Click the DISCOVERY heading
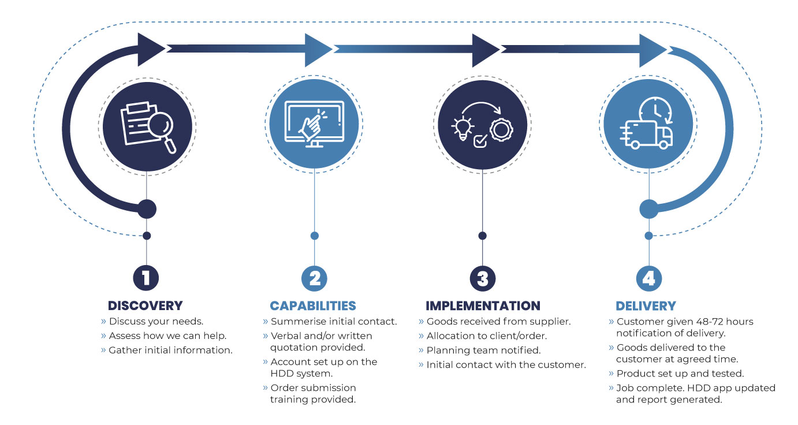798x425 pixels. coord(146,305)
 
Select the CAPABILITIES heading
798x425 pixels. coord(313,305)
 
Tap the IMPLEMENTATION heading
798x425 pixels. coord(483,305)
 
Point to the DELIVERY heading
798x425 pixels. coord(646,306)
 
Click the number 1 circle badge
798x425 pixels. coord(146,278)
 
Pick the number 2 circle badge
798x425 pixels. coord(314,278)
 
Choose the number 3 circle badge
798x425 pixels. coord(483,278)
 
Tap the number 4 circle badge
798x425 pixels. coord(648,278)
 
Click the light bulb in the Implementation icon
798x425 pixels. coord(463,128)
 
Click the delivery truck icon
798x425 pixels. coord(646,135)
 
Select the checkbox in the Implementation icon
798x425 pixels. coord(480,141)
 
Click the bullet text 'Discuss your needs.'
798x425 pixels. coord(156,321)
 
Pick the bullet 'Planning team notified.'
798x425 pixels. coord(483,350)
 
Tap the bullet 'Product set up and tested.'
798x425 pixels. coord(680,374)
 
